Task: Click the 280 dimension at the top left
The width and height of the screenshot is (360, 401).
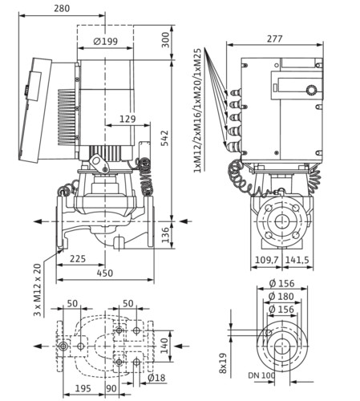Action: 62,8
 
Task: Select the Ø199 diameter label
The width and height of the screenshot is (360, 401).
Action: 106,42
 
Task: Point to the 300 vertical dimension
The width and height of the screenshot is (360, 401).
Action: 166,40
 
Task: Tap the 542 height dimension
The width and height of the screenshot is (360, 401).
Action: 166,138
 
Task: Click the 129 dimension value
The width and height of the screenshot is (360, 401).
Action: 127,119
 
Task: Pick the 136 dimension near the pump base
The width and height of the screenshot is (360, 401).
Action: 166,235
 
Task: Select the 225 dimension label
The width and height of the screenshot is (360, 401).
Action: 78,259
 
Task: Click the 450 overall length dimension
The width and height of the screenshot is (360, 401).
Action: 105,273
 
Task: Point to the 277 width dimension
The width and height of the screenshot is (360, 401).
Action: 274,38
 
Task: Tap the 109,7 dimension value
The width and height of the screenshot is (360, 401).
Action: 267,260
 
